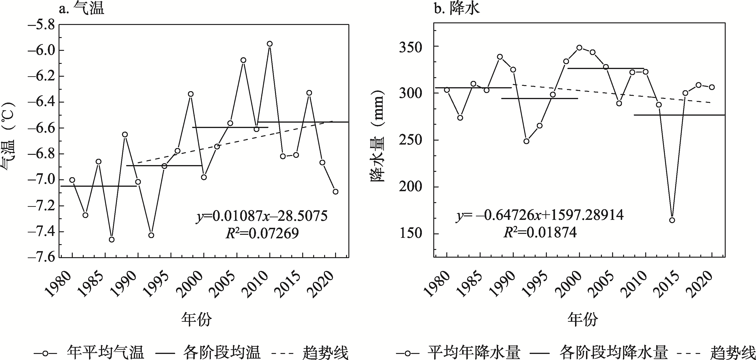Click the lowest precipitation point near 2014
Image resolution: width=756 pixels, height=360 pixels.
point(672,220)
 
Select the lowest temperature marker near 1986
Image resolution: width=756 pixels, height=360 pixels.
point(111,240)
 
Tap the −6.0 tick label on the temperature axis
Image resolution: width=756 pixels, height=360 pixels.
point(41,50)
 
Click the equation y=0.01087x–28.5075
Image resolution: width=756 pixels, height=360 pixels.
point(262,216)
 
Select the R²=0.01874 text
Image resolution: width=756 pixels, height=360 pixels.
point(540,233)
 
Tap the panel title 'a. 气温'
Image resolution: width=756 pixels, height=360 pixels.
point(81,9)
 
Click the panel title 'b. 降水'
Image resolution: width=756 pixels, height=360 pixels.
point(457,9)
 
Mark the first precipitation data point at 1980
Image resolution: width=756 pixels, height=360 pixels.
point(447,90)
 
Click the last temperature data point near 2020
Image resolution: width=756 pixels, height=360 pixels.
point(336,192)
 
